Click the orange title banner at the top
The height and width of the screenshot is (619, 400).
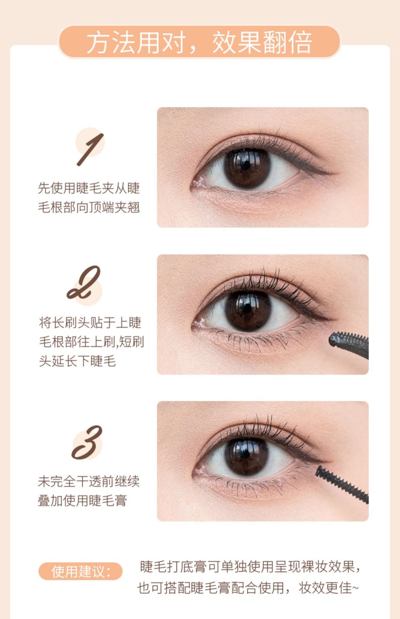point(199,42)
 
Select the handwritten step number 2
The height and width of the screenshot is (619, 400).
point(84,282)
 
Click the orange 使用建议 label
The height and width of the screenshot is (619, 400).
point(80,572)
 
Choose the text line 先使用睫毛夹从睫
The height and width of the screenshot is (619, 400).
point(89,188)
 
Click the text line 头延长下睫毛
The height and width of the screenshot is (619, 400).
point(77,361)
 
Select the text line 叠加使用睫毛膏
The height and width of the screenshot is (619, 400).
point(83,501)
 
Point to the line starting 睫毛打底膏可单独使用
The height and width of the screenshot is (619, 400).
point(250,567)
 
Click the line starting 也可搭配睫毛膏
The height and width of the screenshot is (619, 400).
point(248,588)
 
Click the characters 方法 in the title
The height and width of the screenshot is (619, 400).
point(111,42)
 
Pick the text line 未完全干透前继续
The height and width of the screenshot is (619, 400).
point(89,481)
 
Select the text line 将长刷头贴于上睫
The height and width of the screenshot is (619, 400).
point(90,322)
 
